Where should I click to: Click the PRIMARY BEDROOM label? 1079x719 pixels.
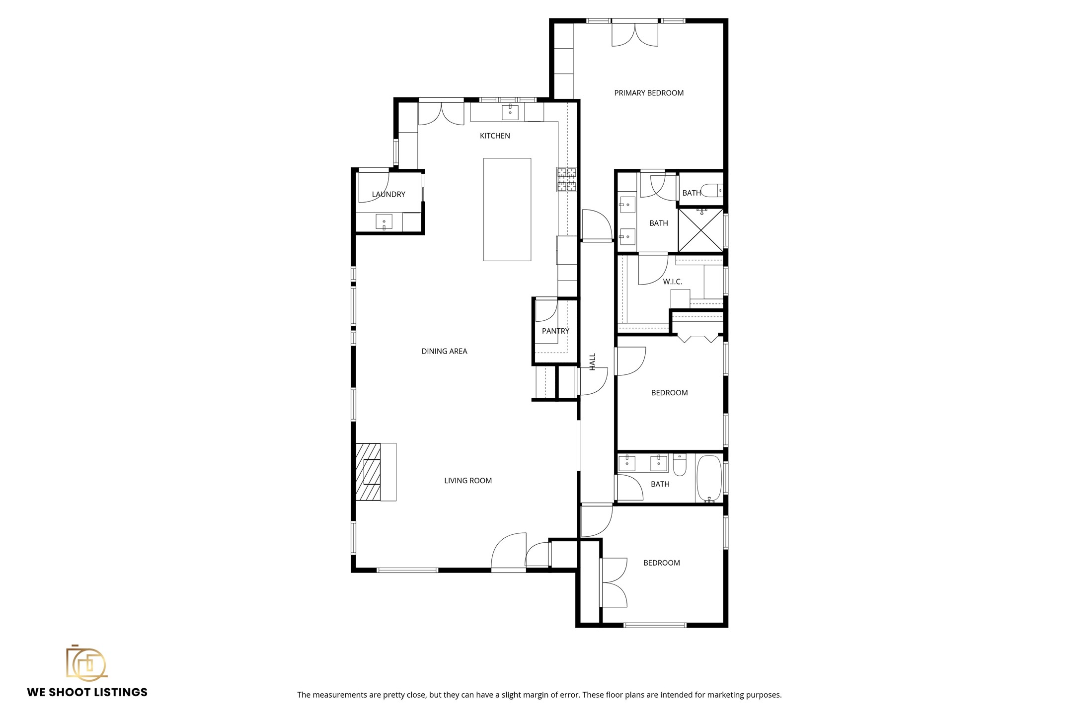[x=648, y=93]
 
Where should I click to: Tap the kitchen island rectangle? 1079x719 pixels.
[x=507, y=209]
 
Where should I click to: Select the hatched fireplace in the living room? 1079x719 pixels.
[x=369, y=471]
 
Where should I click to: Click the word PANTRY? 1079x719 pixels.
[x=555, y=331]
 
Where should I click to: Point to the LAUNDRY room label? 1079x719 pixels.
[x=388, y=194]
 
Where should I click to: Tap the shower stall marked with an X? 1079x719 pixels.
[x=701, y=230]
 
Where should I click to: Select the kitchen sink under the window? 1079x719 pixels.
[x=510, y=112]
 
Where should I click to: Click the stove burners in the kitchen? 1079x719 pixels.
[x=566, y=180]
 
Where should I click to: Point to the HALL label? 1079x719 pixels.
[x=592, y=361]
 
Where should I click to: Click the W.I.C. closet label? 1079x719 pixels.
[x=672, y=282]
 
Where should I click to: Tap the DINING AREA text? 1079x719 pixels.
[x=444, y=351]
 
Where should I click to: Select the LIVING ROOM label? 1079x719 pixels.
[x=467, y=480]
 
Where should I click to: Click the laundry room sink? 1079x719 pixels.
[x=384, y=222]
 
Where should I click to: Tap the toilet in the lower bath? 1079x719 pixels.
[x=680, y=466]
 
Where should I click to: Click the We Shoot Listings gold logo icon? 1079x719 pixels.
[x=86, y=662]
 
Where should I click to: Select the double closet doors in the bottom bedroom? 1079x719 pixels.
[x=614, y=582]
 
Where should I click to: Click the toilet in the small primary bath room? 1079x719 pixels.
[x=712, y=191]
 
